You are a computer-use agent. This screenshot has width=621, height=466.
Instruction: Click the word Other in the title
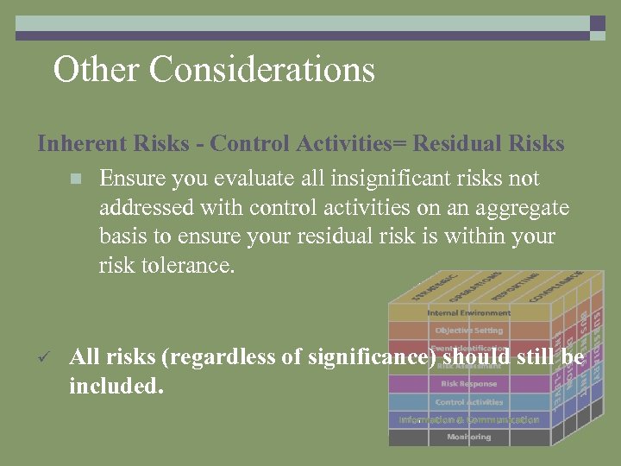point(96,69)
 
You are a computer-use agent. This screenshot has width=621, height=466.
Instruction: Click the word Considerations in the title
point(262,69)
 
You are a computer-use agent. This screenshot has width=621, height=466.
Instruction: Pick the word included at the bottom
point(116,386)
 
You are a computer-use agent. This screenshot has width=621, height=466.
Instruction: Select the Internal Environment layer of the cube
point(468,312)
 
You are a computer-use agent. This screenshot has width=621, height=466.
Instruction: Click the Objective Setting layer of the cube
point(468,331)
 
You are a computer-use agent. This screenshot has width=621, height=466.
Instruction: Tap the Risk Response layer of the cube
point(468,384)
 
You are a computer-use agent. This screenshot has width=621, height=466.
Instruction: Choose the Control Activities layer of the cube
point(468,402)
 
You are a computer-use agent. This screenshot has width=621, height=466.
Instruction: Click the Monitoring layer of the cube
point(468,438)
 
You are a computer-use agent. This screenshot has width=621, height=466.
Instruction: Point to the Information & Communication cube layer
point(468,420)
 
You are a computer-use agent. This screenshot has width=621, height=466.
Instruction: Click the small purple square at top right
point(597,23)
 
